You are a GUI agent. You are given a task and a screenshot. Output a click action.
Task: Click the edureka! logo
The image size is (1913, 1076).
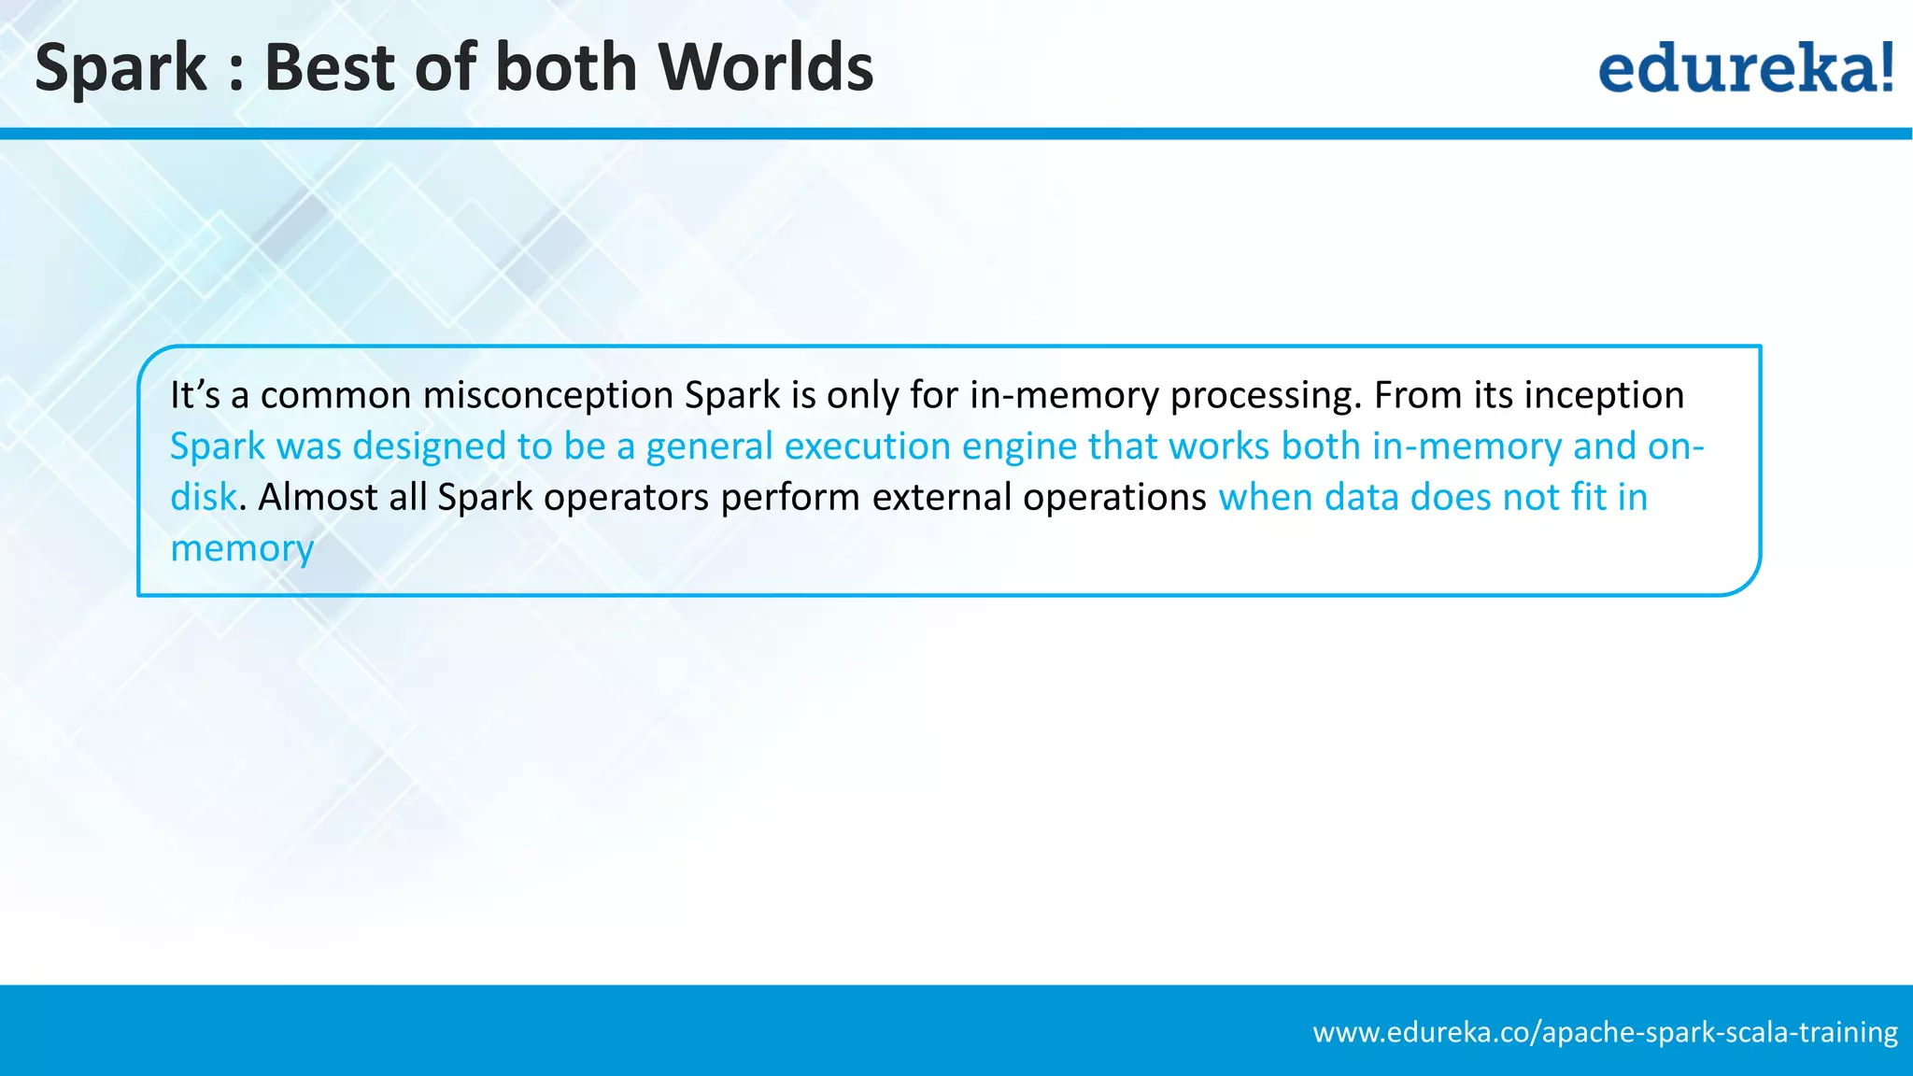1745,67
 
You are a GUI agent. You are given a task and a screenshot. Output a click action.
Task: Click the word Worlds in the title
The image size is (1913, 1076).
765,67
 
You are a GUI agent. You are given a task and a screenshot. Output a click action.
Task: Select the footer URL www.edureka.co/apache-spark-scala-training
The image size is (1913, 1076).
1605,1032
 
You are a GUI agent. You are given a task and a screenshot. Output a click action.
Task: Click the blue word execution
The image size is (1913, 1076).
867,446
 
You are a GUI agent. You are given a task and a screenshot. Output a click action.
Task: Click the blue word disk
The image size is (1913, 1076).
203,497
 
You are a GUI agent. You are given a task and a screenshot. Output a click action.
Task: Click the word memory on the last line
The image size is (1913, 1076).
242,549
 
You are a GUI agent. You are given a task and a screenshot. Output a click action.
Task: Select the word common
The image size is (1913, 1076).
335,396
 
